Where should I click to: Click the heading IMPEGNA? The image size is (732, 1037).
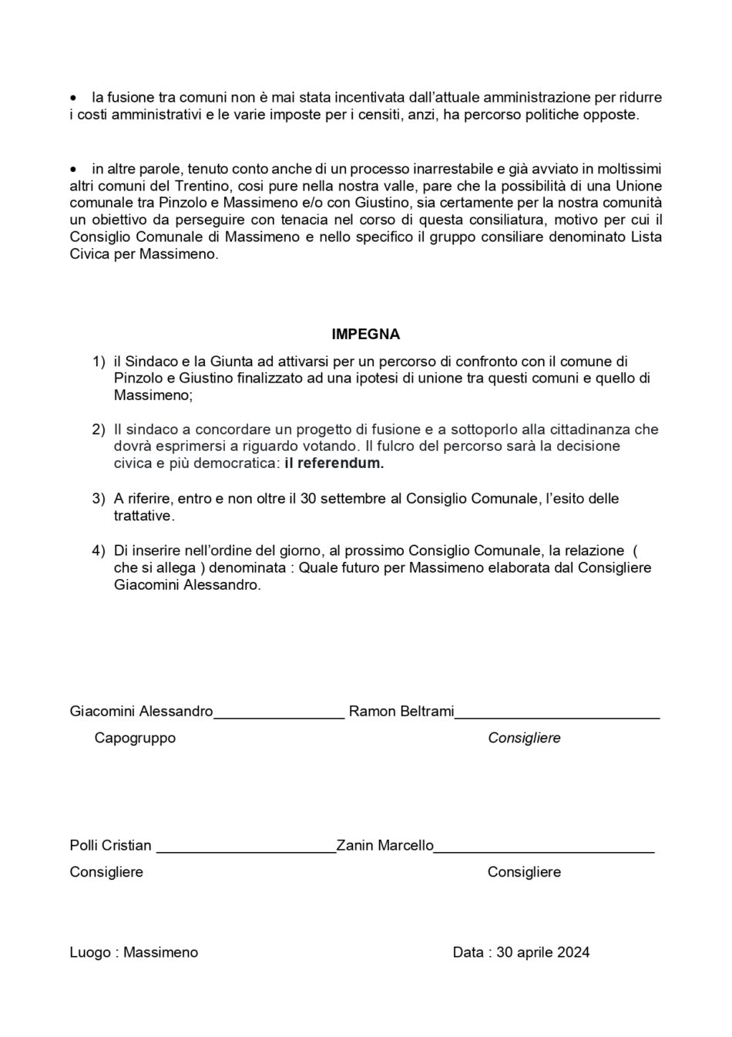(365, 335)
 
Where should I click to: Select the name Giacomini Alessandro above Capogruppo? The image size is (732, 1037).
(141, 712)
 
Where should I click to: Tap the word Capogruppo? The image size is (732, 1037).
(135, 738)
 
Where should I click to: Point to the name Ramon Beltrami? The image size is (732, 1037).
(401, 712)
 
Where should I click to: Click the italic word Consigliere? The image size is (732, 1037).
(524, 738)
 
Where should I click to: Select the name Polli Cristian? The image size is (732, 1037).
(110, 846)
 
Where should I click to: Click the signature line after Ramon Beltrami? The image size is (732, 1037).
(557, 716)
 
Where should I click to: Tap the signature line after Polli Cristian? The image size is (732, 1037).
(246, 850)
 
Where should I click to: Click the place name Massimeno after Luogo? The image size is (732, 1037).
(162, 952)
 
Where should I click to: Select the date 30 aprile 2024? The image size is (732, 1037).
(543, 952)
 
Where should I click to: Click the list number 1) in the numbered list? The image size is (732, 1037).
(99, 361)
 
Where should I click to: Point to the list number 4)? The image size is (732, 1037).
(99, 550)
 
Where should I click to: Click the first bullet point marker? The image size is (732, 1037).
(73, 99)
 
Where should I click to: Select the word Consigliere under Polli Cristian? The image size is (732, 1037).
(106, 872)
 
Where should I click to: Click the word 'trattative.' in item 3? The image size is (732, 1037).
(144, 516)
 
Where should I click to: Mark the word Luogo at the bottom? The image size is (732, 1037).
(90, 952)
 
